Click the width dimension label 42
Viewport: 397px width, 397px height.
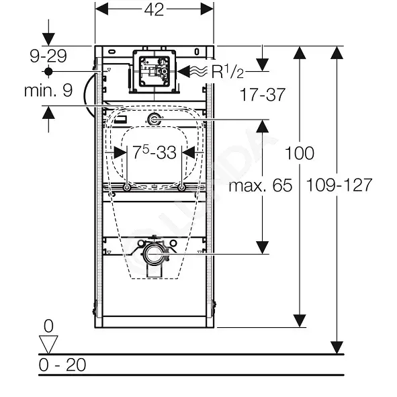pos(154,10)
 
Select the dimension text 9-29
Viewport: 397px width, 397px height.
pos(48,56)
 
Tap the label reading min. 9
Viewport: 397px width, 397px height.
pos(48,91)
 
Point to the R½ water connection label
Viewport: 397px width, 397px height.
pos(227,71)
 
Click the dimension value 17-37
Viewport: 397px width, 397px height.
pos(262,95)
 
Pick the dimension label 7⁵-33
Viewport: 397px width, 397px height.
pos(155,152)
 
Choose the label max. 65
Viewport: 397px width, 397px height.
pos(260,185)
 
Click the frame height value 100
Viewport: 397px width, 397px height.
pos(300,153)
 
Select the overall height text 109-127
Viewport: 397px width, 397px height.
pos(339,185)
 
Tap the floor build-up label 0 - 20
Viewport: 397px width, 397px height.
pos(62,365)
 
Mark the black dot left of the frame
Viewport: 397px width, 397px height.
pos(48,72)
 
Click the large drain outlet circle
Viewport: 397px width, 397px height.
pos(155,254)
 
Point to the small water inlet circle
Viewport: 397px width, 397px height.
pos(154,120)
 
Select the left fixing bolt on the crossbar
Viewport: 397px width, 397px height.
pos(126,188)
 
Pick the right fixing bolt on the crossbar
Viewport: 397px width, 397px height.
pos(181,188)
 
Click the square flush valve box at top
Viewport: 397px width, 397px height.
pos(155,71)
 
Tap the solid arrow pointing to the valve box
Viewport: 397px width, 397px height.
pos(184,71)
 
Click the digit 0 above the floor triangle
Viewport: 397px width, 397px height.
pos(48,326)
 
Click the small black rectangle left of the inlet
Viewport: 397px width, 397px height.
pos(120,120)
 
